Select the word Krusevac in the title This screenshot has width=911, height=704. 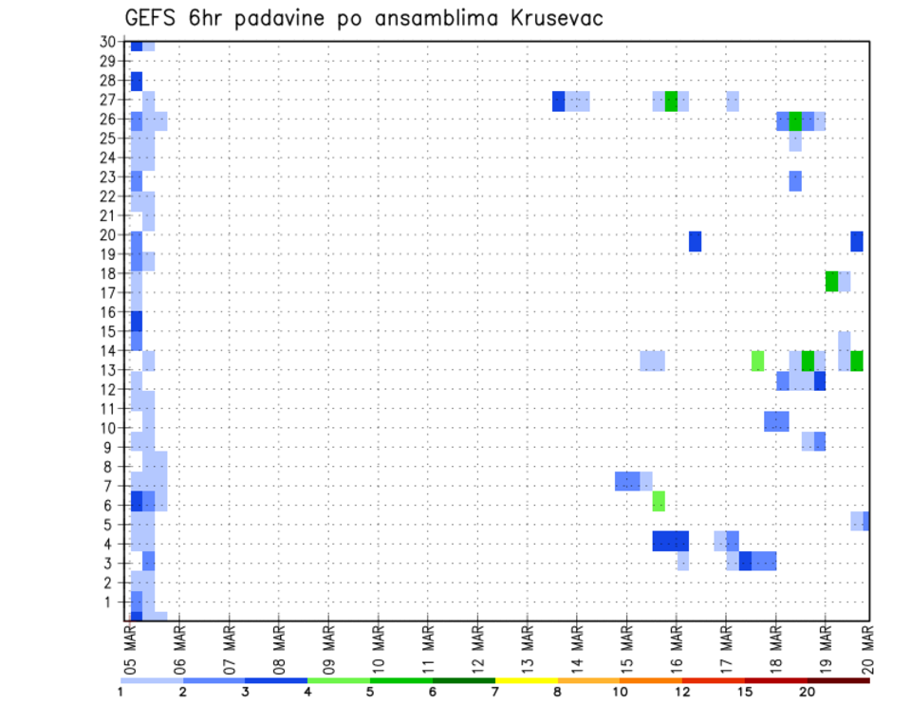548,18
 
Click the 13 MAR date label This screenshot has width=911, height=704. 528,644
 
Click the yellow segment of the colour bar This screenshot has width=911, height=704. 526,680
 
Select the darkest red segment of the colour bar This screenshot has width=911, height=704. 838,680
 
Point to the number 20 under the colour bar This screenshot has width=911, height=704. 807,694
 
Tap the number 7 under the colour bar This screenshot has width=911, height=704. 494,694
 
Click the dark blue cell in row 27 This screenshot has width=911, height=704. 559,101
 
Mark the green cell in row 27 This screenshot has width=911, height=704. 671,101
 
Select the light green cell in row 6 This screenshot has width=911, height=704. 659,501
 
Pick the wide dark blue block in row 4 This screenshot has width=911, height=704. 671,540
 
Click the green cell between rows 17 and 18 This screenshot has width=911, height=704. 831,281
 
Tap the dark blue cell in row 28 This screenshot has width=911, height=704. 137,82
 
